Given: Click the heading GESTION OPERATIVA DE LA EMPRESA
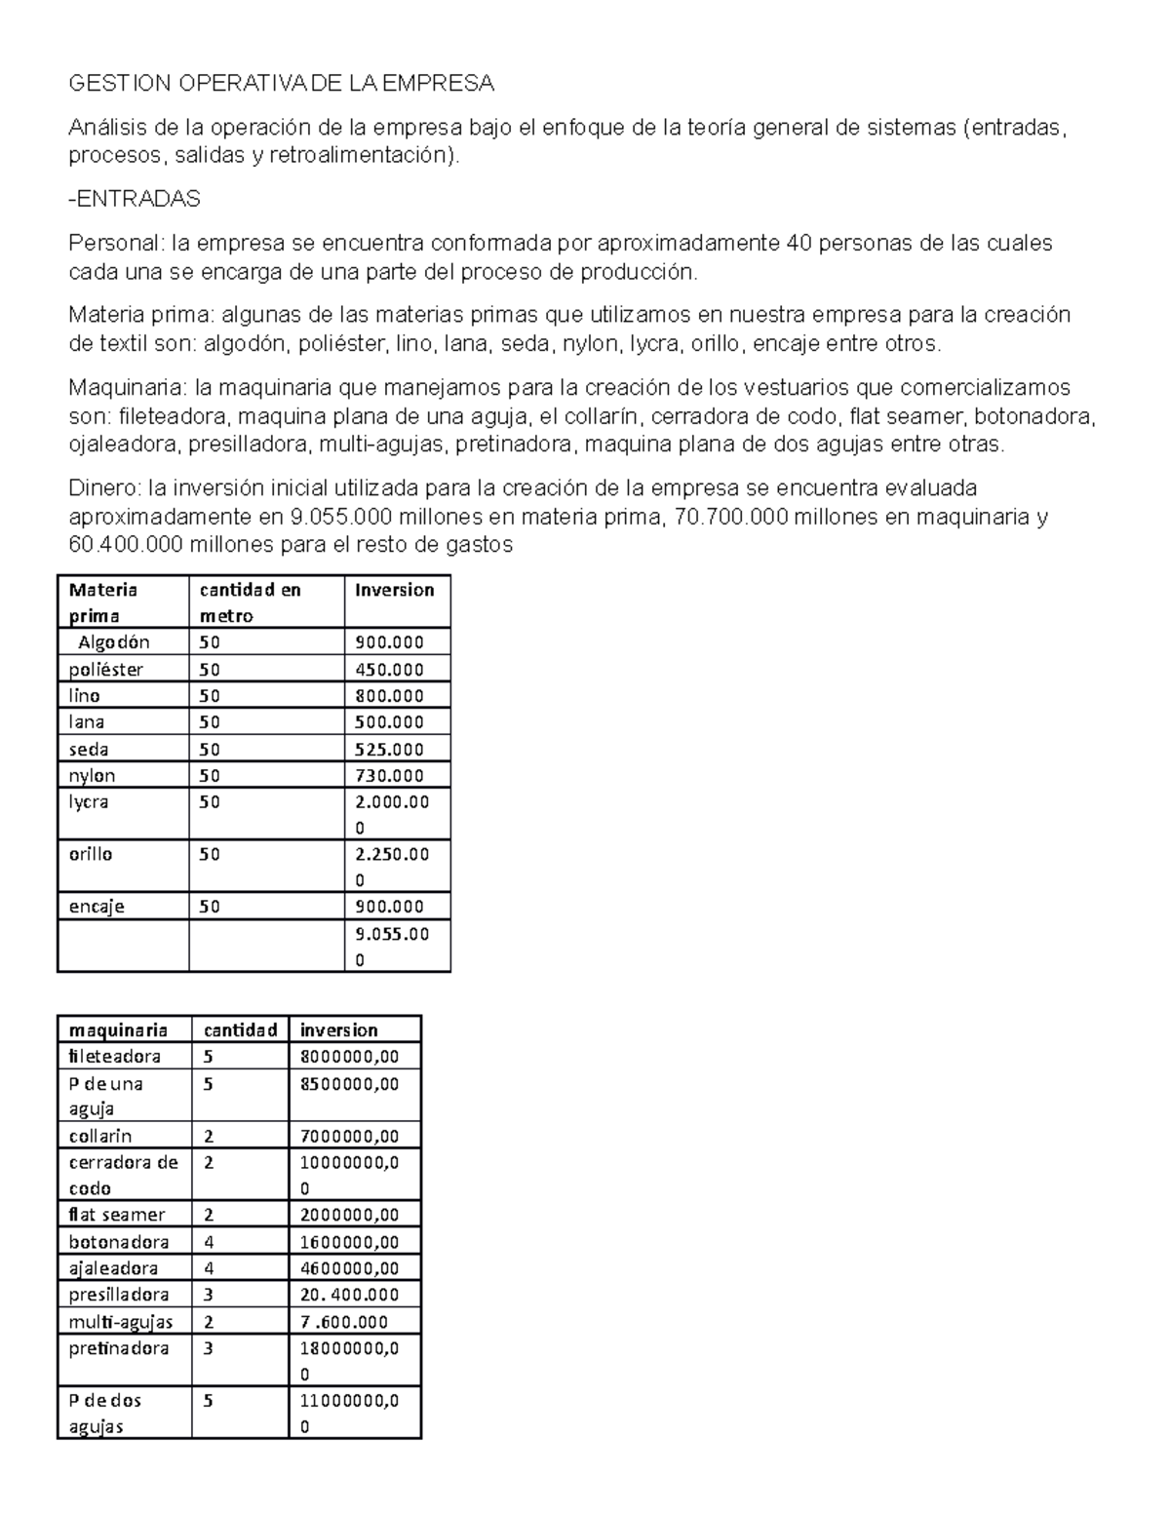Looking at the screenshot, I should click(281, 84).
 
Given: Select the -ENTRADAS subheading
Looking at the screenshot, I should click(135, 199).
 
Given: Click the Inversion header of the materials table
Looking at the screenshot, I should click(394, 590).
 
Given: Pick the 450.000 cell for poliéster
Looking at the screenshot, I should click(389, 670).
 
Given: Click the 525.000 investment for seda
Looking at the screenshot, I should click(389, 750).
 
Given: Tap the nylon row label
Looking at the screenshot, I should click(92, 776).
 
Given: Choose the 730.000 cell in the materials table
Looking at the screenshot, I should click(389, 776).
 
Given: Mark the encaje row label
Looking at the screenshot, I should click(97, 907).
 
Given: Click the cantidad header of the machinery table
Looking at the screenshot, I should click(240, 1030).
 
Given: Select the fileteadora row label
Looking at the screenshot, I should click(114, 1057).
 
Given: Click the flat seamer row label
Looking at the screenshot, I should click(117, 1215).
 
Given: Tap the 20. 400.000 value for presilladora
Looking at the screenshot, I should click(349, 1295).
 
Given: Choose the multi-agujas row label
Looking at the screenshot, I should click(121, 1322).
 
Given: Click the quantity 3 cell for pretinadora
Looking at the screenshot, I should click(209, 1348).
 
